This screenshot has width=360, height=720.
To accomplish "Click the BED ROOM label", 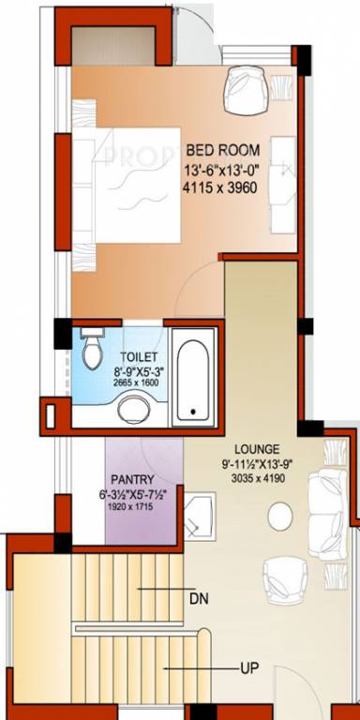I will (223, 150).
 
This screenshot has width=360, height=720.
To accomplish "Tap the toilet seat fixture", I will (92, 352).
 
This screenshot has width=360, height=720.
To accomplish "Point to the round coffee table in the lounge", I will (279, 515).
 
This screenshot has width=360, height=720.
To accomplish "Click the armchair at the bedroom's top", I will (246, 88).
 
